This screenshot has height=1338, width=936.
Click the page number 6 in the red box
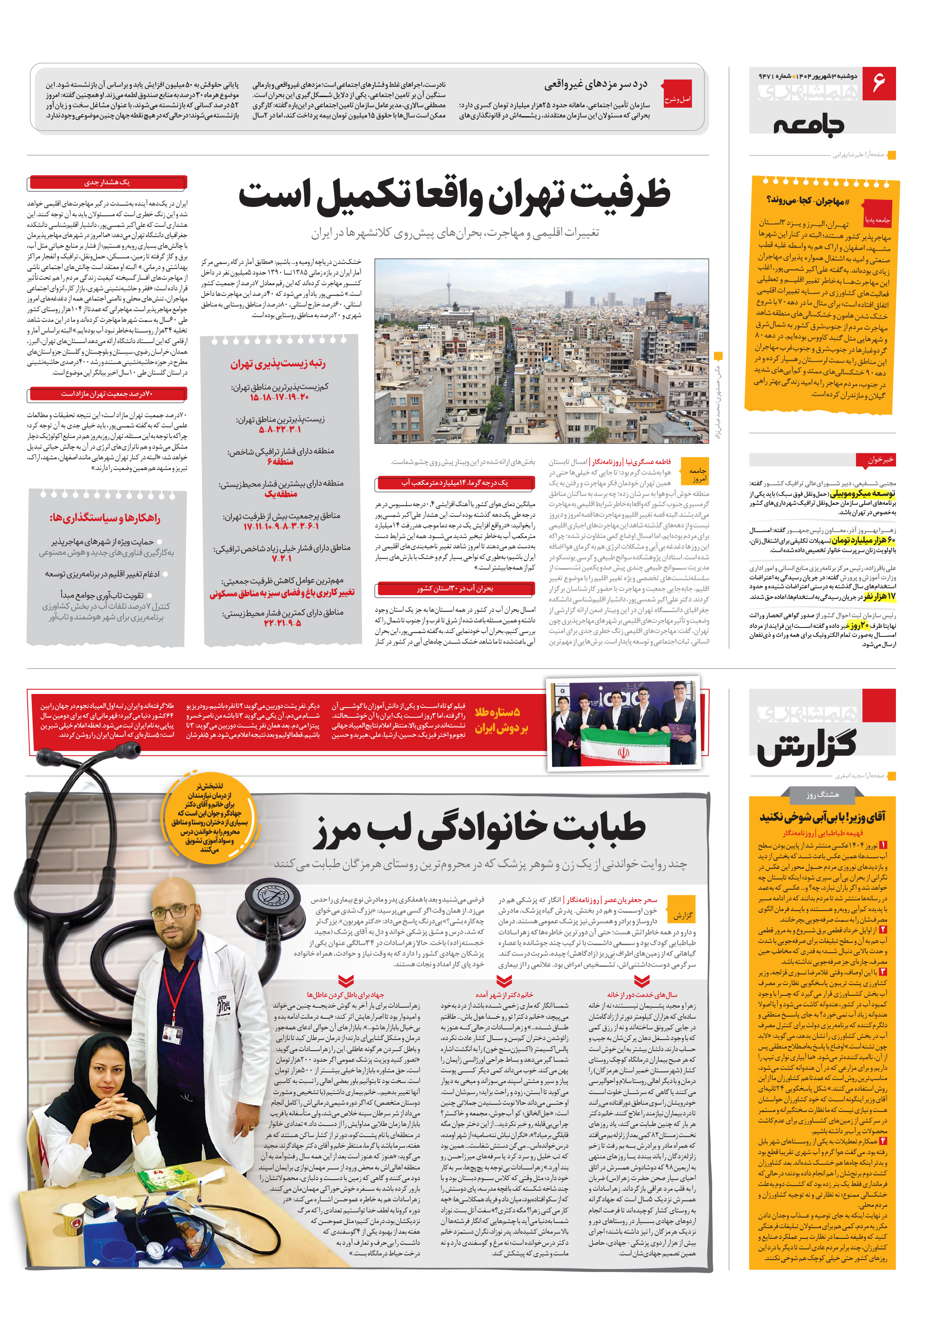coord(878,83)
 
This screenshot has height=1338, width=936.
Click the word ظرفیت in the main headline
coord(621,195)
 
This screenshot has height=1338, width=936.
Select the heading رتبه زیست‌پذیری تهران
coord(278,364)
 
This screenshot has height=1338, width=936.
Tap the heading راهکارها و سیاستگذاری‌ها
coord(105,518)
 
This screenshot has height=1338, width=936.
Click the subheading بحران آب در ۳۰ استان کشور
coord(454,589)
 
